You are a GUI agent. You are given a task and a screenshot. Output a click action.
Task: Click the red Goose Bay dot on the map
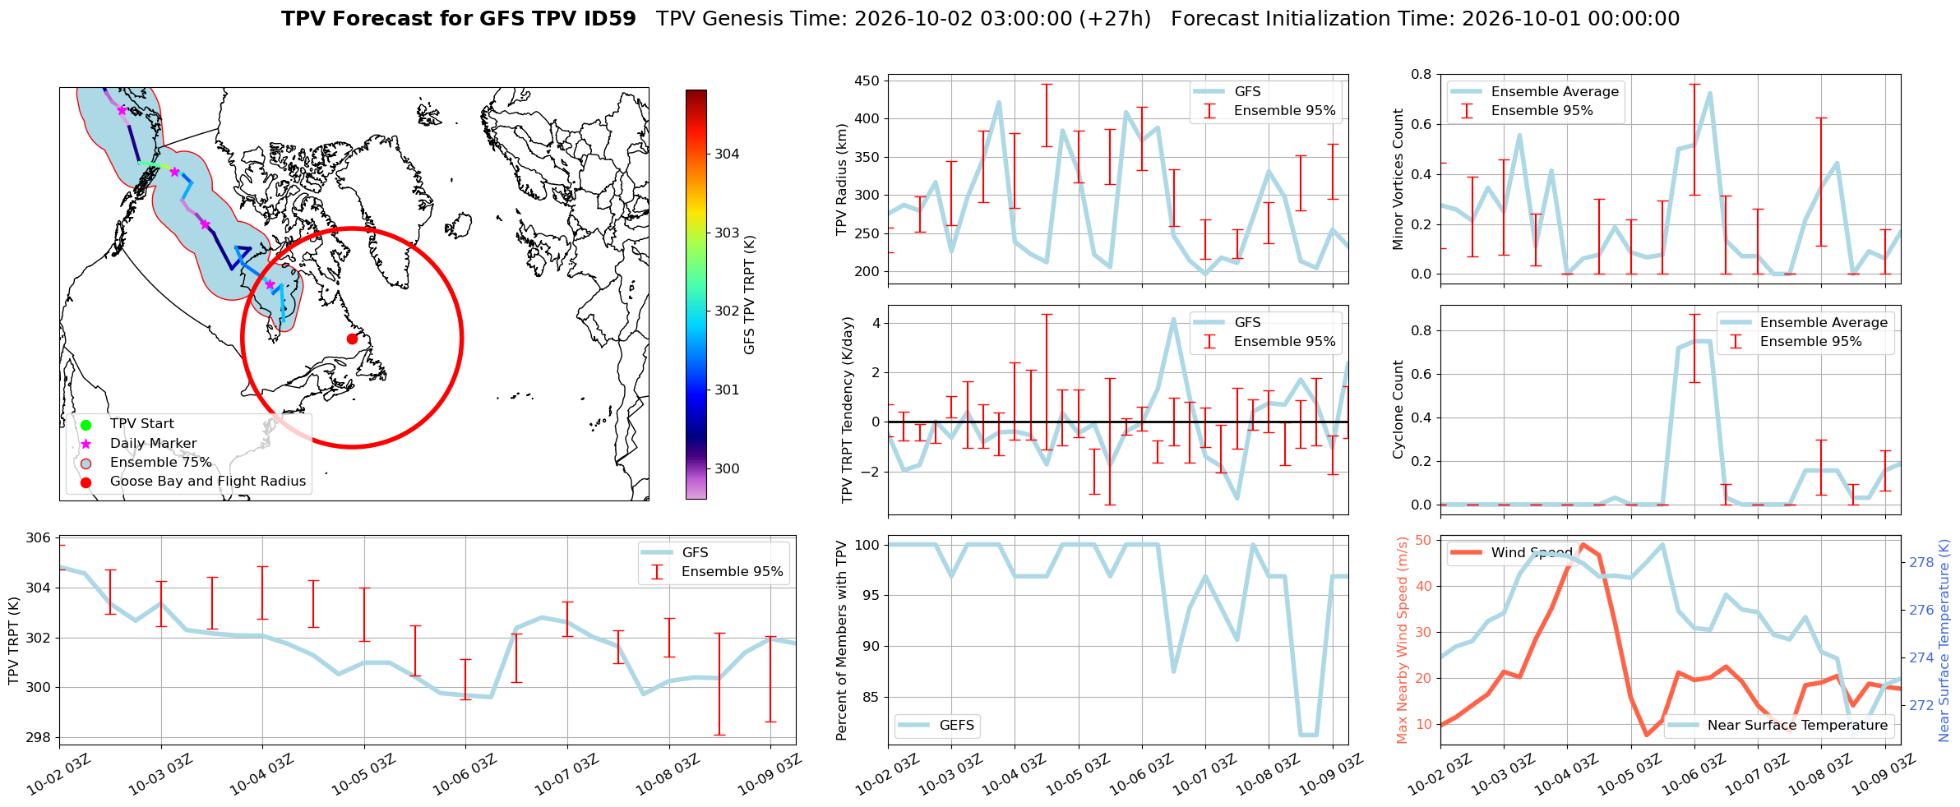352,339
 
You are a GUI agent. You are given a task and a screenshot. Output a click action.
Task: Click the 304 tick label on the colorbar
727,154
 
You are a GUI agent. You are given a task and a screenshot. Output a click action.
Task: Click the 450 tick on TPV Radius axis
868,81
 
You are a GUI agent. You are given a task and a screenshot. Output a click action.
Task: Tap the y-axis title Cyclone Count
1398,409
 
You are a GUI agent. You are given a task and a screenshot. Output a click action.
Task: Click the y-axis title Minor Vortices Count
1398,179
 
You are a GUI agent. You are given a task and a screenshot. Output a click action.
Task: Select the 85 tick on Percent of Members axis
871,697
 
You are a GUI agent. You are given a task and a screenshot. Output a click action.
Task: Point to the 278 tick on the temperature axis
1921,562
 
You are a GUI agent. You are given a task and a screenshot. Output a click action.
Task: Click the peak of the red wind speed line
1583,545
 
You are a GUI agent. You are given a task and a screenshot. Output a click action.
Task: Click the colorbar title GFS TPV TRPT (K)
749,295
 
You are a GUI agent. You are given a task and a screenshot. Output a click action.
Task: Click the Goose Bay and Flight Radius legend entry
208,482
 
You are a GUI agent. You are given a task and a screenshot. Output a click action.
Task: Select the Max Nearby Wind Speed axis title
1403,640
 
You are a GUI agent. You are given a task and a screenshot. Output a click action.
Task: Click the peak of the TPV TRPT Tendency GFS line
1173,319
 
